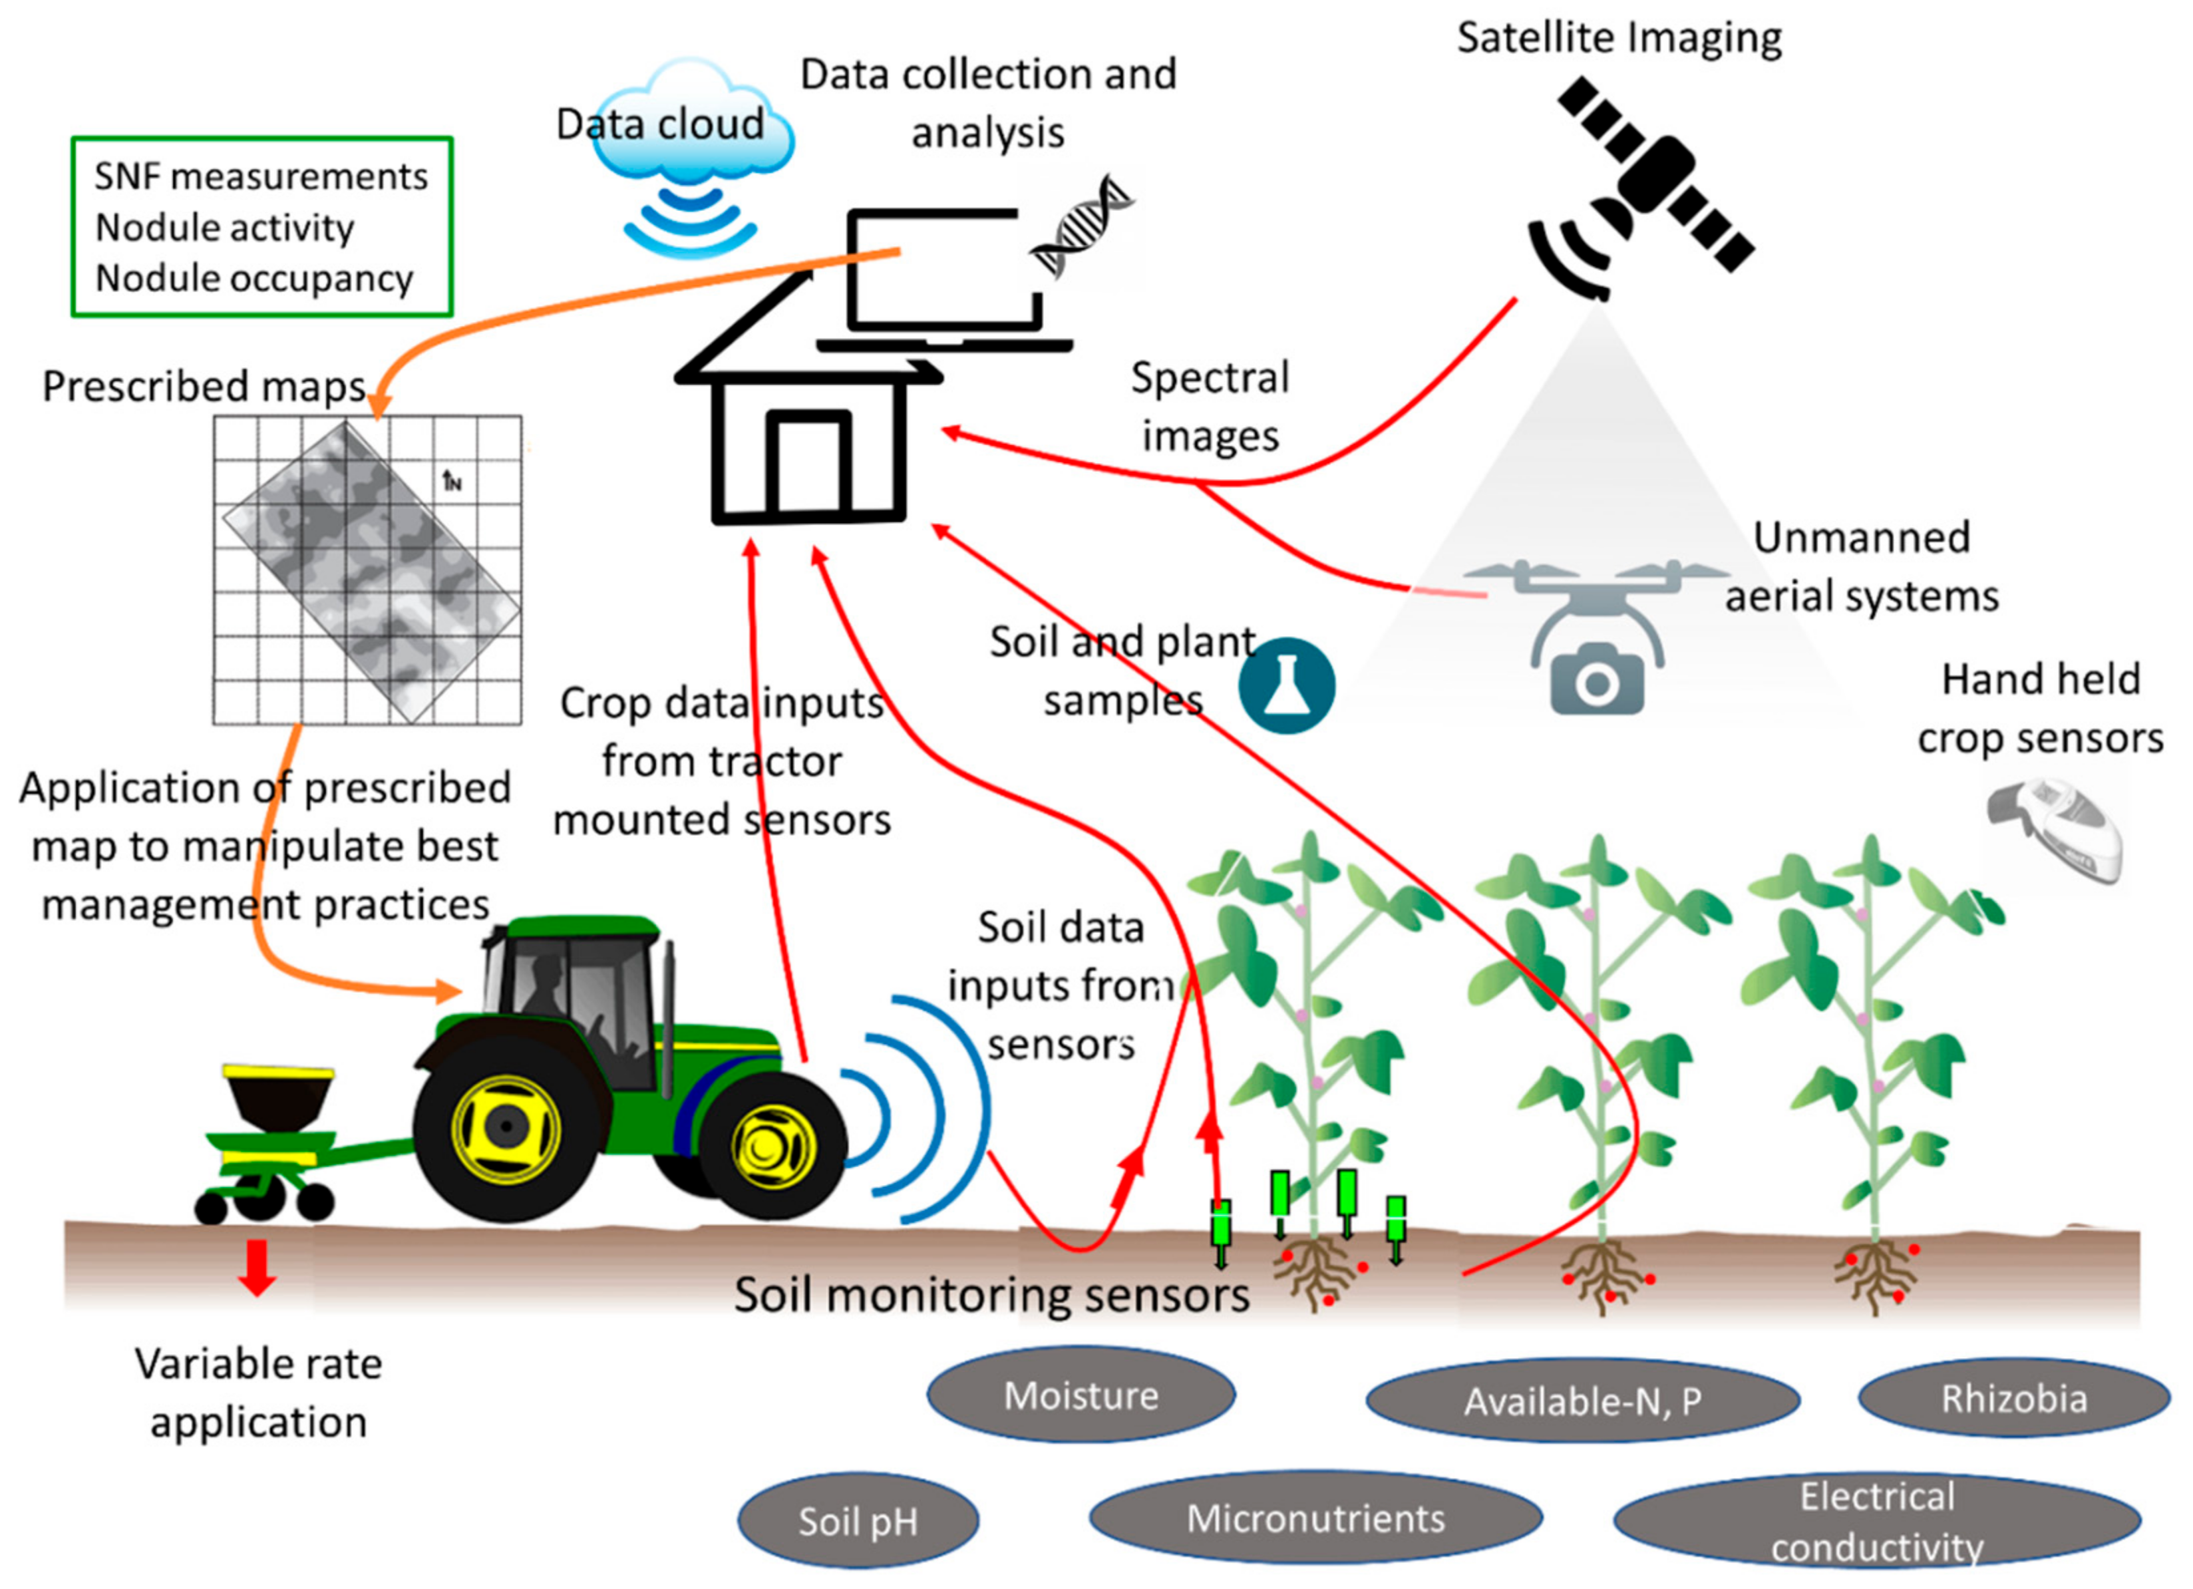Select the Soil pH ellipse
point(858,1521)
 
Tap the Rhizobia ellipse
point(2013,1399)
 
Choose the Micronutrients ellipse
point(1315,1518)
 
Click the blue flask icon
point(1286,685)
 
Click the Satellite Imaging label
point(1619,39)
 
